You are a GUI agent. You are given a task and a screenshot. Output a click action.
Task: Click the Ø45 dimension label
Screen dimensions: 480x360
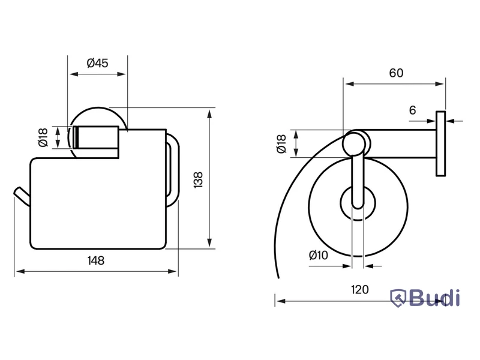[x=97, y=64]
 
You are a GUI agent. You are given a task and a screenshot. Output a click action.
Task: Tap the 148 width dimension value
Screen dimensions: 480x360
[x=96, y=260]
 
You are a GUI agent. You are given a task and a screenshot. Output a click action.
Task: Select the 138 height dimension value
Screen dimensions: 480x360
[x=198, y=179]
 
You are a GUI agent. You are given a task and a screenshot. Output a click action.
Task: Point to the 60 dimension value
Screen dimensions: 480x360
[x=396, y=73]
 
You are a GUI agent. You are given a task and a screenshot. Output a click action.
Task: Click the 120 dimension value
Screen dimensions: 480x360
[x=359, y=290]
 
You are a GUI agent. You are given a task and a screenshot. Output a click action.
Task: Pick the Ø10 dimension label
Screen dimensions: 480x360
[x=319, y=255]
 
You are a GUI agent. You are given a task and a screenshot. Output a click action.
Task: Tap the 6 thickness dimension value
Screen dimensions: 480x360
[x=412, y=110]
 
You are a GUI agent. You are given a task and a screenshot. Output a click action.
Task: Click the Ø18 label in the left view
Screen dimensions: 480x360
[x=43, y=137]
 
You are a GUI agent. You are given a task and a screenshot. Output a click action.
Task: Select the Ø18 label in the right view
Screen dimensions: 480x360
[x=281, y=143]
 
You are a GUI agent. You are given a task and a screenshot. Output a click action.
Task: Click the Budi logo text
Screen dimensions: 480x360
[x=434, y=298]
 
